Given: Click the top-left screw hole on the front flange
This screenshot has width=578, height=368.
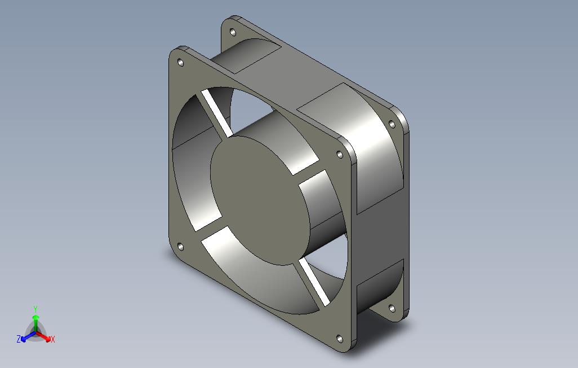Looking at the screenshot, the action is pyautogui.click(x=181, y=62).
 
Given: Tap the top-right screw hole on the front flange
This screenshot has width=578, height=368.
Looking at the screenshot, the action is pyautogui.click(x=340, y=154).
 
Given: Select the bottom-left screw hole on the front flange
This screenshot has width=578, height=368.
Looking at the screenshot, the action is pyautogui.click(x=181, y=247).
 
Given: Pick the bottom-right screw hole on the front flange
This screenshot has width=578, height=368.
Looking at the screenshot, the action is pyautogui.click(x=340, y=339).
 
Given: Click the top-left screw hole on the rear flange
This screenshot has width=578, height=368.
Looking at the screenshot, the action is pyautogui.click(x=233, y=32).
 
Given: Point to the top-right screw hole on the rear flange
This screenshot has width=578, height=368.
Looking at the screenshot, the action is pyautogui.click(x=392, y=124).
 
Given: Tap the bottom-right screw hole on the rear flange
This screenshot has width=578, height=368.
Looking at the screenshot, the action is pyautogui.click(x=392, y=308).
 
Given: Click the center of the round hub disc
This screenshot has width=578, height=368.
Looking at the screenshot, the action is pyautogui.click(x=260, y=200).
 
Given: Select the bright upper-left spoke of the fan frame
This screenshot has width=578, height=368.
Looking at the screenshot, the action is pyautogui.click(x=217, y=113).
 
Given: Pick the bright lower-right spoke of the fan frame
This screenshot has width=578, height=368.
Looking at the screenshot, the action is pyautogui.click(x=314, y=282).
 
